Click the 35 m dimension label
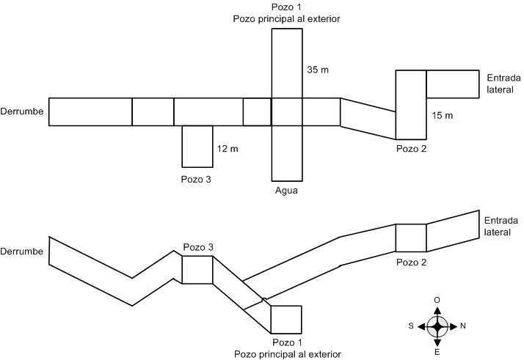coord(316,70)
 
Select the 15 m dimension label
coord(443,116)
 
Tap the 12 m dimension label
coord(228,149)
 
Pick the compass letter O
coord(438,300)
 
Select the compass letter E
coord(438,352)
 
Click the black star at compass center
coord(438,326)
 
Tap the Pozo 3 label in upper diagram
coord(195,178)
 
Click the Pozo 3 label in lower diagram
coord(197,247)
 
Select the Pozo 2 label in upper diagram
coord(410,149)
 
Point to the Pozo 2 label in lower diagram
coord(411,262)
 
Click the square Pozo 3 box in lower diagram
coord(197,269)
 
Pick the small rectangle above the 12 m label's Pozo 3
coord(197,146)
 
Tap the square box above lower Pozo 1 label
coord(285,319)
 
